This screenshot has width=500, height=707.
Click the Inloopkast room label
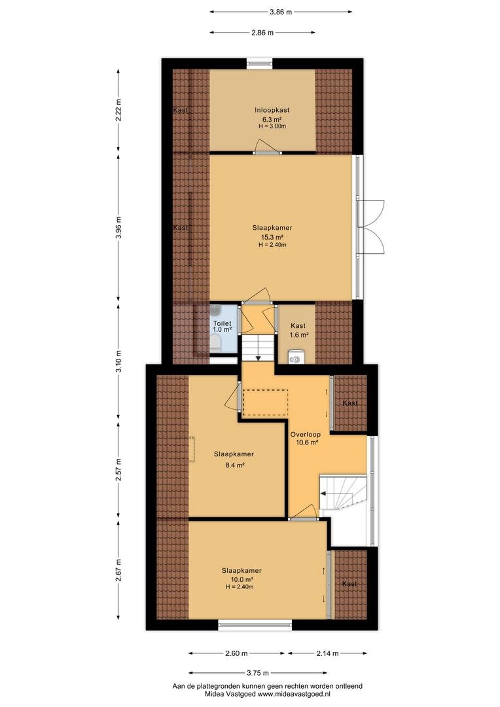(272, 110)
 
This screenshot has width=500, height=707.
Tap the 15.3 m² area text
(272, 237)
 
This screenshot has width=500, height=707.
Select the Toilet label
(223, 323)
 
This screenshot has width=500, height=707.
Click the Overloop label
(305, 435)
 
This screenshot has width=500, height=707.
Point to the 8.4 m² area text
(235, 465)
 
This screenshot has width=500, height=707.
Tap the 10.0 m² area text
(241, 579)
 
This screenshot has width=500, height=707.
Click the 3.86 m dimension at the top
(281, 12)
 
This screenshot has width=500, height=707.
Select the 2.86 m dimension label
(262, 33)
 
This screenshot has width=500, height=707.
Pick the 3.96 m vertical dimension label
(118, 228)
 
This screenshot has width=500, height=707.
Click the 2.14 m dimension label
(327, 653)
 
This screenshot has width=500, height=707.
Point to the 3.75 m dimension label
(257, 673)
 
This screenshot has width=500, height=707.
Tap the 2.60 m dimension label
(236, 653)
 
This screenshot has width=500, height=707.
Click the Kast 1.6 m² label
(298, 330)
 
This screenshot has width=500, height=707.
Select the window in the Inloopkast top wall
(259, 63)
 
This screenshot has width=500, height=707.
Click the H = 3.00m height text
(272, 126)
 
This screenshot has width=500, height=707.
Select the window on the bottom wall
(255, 625)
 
